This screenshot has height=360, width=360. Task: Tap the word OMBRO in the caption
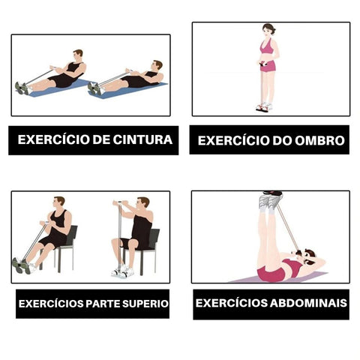click(319, 140)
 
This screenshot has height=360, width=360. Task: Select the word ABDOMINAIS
click(308, 303)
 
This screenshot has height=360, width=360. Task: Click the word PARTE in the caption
click(102, 304)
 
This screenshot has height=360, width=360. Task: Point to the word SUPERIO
click(145, 304)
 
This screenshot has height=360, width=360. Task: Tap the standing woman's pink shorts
click(268, 66)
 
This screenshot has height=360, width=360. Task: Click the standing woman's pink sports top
click(265, 46)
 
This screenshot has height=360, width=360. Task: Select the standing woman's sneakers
click(264, 106)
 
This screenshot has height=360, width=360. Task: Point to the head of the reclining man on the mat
click(157, 66)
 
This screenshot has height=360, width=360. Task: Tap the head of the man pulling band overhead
click(143, 203)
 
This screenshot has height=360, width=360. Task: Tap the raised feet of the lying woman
click(271, 199)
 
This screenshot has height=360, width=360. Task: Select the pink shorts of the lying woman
click(271, 273)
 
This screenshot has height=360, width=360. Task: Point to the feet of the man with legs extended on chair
click(22, 265)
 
